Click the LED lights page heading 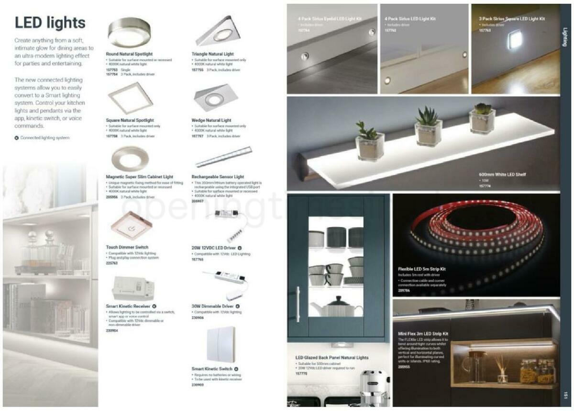(50, 23)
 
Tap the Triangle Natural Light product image (218, 32)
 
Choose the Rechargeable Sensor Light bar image (223, 157)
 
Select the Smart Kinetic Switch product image (221, 344)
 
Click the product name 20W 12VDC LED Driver (213, 248)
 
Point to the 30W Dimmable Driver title (212, 306)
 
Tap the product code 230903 (198, 385)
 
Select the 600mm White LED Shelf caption (502, 174)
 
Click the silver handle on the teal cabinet (298, 305)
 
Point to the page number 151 (565, 395)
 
